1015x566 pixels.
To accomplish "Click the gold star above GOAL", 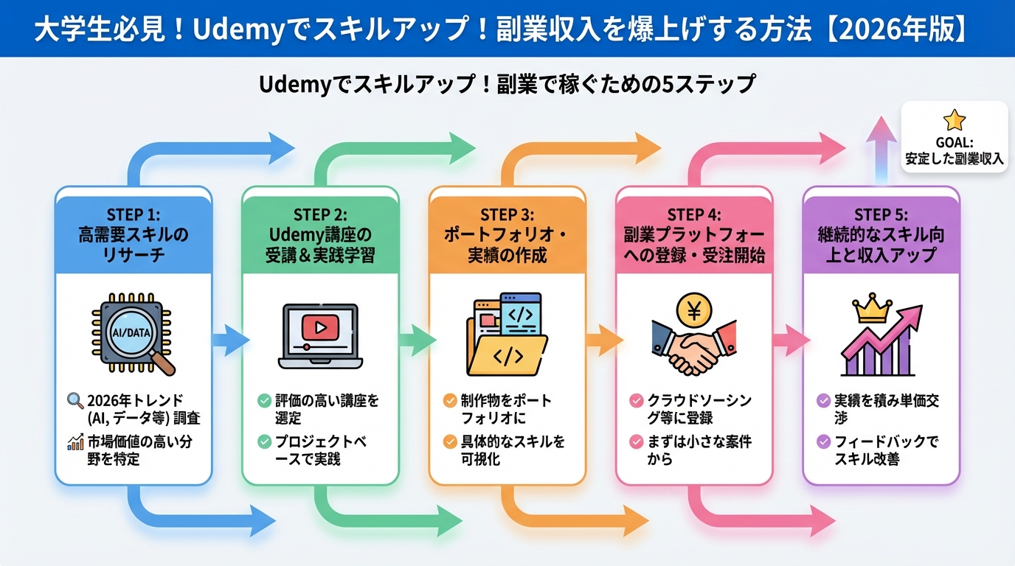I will pyautogui.click(x=954, y=119).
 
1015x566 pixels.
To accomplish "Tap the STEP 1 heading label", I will pyautogui.click(x=134, y=214).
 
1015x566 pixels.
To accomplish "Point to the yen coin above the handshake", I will pyautogui.click(x=693, y=310).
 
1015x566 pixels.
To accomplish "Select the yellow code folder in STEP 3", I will pyautogui.click(x=507, y=354).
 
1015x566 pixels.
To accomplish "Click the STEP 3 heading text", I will pyautogui.click(x=507, y=214).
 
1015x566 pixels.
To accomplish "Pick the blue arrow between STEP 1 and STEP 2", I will pyautogui.click(x=229, y=340).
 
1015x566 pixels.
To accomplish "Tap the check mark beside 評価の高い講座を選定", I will pyautogui.click(x=263, y=402).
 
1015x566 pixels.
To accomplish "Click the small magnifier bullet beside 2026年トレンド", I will pyautogui.click(x=75, y=402).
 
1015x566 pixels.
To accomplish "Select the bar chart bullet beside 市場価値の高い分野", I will pyautogui.click(x=75, y=443).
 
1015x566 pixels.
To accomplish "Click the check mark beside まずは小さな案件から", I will pyautogui.click(x=636, y=442).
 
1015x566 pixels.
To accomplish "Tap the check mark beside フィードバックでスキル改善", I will pyautogui.click(x=823, y=442).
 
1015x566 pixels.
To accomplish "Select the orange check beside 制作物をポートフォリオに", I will pyautogui.click(x=449, y=402).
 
